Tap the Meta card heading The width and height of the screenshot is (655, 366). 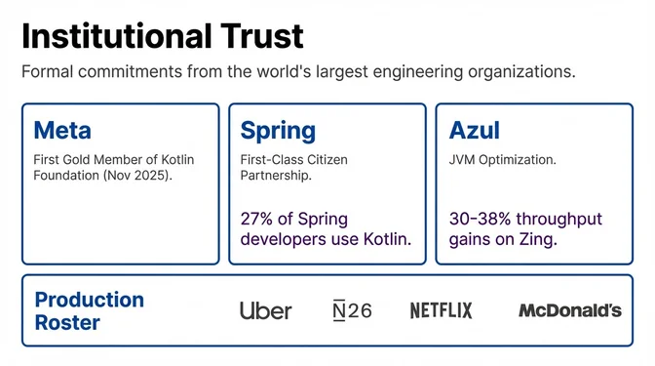coord(62,130)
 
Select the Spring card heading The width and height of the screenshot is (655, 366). coord(278,130)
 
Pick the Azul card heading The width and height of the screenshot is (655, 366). coord(475,130)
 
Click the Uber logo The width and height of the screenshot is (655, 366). coord(265,310)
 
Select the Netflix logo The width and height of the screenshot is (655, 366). coord(441,310)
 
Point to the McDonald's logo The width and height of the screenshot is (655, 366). coord(569,310)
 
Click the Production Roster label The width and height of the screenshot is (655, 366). coord(89,310)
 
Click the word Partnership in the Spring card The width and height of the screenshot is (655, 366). coord(276,176)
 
